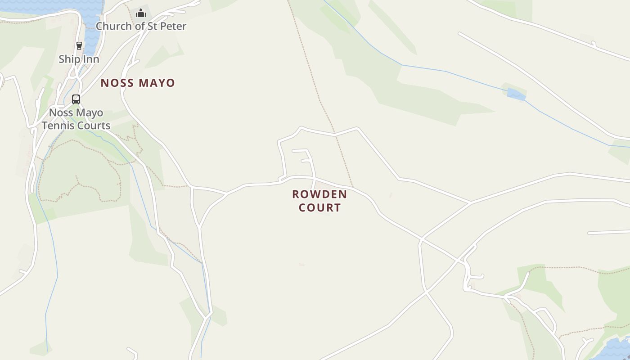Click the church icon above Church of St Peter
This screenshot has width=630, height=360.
141,13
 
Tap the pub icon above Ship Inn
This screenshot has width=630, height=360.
79,46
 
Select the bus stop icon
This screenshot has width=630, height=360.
76,99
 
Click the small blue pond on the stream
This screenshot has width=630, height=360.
516,94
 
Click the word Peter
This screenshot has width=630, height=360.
173,26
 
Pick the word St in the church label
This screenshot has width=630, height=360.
153,26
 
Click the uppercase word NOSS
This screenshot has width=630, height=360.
117,83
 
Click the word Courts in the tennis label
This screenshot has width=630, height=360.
94,126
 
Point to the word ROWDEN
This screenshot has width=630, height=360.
319,194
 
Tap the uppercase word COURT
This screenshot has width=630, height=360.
319,207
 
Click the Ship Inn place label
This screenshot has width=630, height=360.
79,59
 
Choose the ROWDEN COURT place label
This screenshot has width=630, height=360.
319,201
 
